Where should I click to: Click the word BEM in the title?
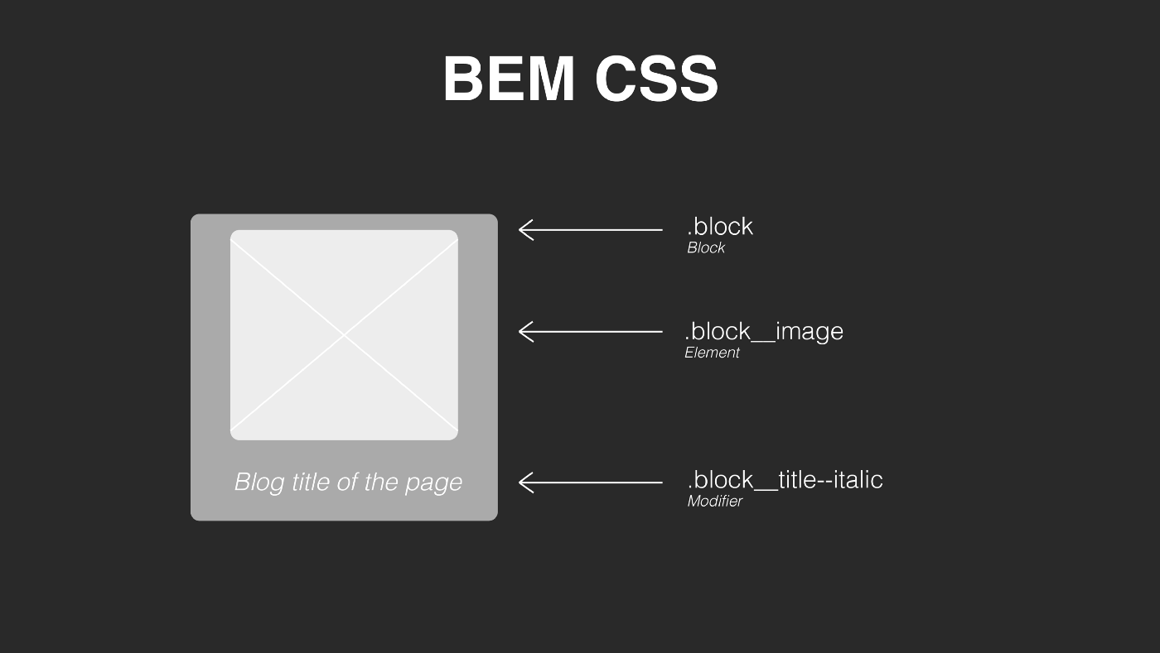pos(509,79)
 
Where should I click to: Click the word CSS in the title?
pos(656,79)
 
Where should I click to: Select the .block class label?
pos(720,226)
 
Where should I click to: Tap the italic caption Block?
pos(706,247)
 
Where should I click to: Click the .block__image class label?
pos(764,331)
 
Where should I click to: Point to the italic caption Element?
pos(712,353)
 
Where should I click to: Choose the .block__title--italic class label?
pos(785,480)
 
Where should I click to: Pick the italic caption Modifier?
pos(714,502)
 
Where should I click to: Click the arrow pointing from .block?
pos(590,229)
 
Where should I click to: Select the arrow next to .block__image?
pos(590,331)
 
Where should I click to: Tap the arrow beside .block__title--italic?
pos(590,482)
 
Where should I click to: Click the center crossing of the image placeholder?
pos(344,334)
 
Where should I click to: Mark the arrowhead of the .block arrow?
pos(524,229)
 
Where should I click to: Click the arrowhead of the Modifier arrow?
pos(524,482)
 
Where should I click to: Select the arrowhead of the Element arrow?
pos(524,331)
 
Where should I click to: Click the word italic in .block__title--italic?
pos(855,480)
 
